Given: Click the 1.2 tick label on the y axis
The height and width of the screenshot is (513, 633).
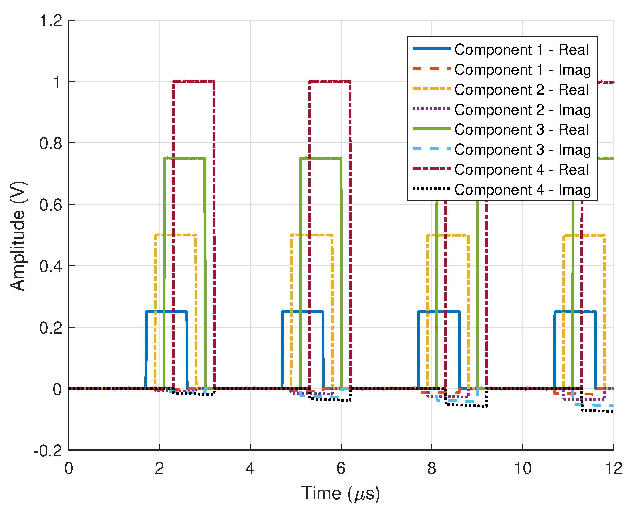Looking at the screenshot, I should tap(51, 21).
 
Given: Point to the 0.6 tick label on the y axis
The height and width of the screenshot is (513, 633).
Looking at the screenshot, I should tap(51, 204).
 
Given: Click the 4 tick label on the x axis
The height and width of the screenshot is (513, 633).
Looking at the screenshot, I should tap(250, 468).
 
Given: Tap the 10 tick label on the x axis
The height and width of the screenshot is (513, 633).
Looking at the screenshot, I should tap(523, 468).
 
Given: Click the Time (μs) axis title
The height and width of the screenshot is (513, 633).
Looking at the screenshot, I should tap(340, 493).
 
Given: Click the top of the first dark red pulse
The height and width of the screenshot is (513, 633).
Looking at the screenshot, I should tap(193, 81).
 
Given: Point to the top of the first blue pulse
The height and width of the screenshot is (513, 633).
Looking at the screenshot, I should tap(167, 311).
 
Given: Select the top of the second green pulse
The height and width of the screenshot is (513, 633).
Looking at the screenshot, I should tap(321, 158).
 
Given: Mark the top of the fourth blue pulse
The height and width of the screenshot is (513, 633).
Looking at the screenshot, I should tap(574, 312).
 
